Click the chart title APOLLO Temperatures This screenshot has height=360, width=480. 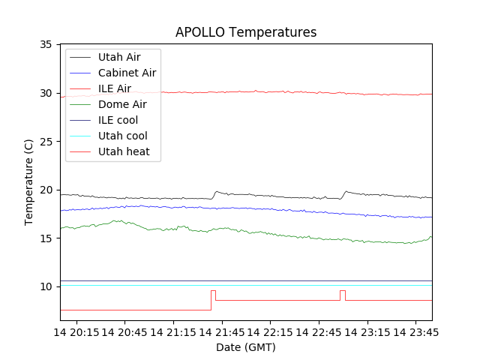[x=246, y=32]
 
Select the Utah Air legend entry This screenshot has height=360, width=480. [x=118, y=57]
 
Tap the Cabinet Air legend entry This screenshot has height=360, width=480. [x=127, y=73]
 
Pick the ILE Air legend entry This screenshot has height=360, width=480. [x=114, y=88]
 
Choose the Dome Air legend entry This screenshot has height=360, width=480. [x=121, y=104]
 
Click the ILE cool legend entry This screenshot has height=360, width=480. [x=118, y=120]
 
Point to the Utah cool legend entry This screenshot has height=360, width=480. [x=122, y=136]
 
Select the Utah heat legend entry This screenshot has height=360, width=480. [x=124, y=151]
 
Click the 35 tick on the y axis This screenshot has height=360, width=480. [x=46, y=45]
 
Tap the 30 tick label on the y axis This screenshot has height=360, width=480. [x=46, y=93]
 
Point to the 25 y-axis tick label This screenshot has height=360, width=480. [x=46, y=142]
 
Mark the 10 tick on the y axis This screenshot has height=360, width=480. [x=46, y=286]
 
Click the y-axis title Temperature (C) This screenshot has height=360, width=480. [x=29, y=182]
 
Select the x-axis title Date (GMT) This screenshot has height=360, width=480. [x=246, y=347]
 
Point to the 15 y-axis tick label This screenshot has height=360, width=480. [x=46, y=238]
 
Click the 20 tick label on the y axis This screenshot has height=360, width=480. [x=46, y=190]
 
